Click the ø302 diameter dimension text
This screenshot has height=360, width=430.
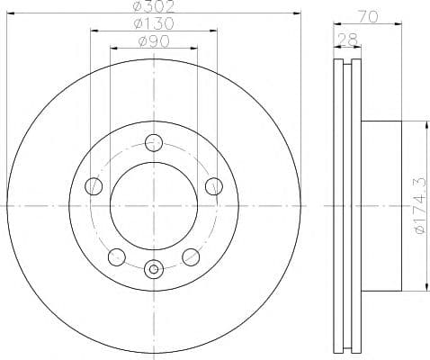tap(153, 7)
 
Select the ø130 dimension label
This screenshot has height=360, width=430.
tap(153, 23)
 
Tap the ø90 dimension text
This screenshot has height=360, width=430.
tap(153, 40)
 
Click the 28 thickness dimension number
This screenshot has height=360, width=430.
tap(348, 38)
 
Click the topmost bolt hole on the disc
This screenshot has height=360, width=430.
tap(154, 142)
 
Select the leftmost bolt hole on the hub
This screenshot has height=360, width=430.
tap(94, 186)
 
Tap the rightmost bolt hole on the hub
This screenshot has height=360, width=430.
tap(213, 186)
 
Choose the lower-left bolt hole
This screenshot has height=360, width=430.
tap(116, 257)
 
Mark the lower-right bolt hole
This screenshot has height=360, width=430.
tap(191, 257)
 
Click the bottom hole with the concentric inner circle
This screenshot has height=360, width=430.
tap(154, 267)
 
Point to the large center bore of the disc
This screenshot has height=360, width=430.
tap(154, 206)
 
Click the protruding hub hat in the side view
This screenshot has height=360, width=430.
tap(382, 206)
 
